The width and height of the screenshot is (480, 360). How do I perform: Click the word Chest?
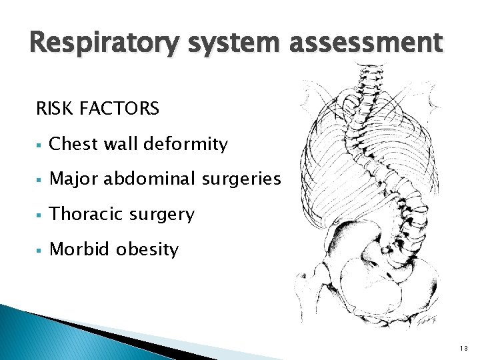(74, 143)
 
